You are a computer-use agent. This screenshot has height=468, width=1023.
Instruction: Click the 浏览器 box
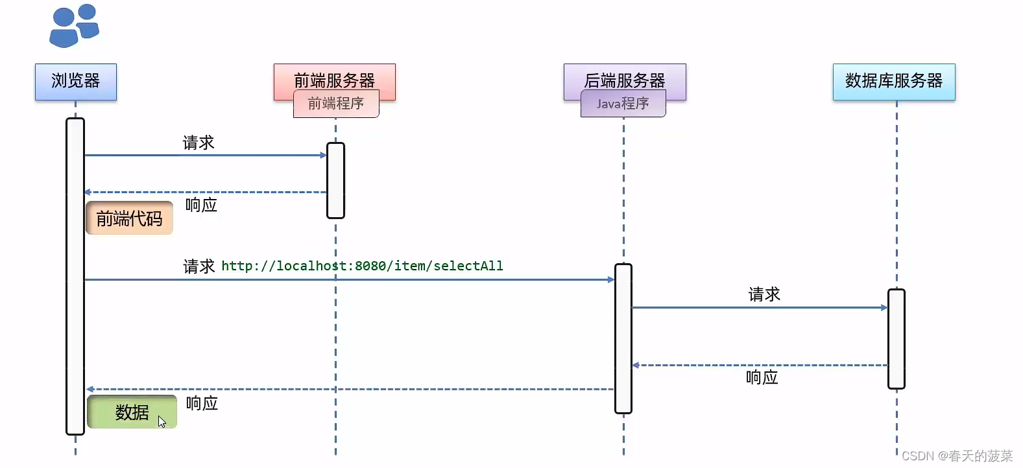point(76,82)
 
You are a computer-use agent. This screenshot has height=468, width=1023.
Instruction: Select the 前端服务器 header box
point(334,77)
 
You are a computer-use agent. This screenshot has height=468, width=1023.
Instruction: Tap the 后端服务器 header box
point(624,77)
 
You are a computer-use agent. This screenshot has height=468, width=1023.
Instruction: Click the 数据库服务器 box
point(893,82)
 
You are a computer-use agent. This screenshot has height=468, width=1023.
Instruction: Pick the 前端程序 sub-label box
point(335,104)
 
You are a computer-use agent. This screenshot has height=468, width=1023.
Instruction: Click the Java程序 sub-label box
point(623,104)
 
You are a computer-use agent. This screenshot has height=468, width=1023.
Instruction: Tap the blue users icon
point(73,26)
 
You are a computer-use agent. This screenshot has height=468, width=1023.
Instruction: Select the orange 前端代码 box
point(129,218)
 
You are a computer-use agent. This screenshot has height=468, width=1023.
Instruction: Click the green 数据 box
point(132,412)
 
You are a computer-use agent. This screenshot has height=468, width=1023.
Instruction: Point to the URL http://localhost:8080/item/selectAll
point(362,266)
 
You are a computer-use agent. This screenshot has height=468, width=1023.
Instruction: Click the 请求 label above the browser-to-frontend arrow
point(198,143)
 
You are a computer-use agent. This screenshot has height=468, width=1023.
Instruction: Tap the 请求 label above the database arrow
point(764,295)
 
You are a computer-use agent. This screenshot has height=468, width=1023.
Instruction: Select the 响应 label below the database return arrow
point(762,377)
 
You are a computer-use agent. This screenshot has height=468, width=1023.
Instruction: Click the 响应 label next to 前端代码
point(201,205)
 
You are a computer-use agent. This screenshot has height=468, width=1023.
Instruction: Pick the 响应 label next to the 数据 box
point(202,404)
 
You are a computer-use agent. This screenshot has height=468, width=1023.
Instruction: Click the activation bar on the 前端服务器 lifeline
point(335,180)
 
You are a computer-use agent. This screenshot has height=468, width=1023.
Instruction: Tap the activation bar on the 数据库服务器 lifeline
point(896,338)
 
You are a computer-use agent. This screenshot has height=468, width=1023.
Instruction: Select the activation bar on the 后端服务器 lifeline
point(623,338)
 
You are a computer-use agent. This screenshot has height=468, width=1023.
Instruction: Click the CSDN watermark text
point(956,456)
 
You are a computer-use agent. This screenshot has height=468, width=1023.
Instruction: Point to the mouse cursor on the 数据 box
point(162,422)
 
